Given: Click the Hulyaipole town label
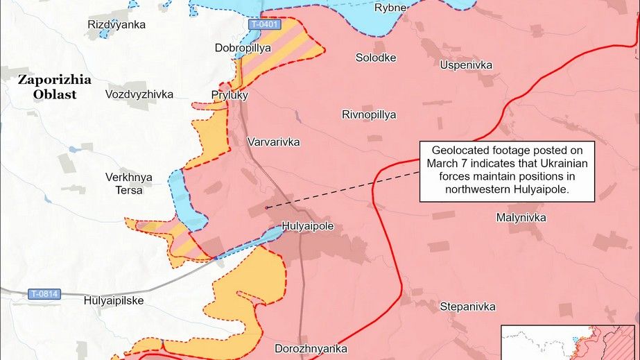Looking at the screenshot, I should [x=307, y=226].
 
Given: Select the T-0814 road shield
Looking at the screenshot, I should [x=44, y=294].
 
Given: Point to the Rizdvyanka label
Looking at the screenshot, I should [x=116, y=25].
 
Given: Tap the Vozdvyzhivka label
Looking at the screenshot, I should [x=139, y=94].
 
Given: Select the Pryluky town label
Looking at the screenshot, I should [x=230, y=94].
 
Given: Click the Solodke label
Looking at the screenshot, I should [x=376, y=58].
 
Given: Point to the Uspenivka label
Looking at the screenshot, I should [x=466, y=65].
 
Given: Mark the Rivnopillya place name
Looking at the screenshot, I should [x=369, y=114].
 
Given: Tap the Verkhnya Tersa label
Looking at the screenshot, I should [x=129, y=183].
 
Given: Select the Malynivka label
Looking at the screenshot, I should [x=521, y=218].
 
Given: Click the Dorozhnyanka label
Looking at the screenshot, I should [x=311, y=348].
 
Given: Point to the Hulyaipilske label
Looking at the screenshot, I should [x=113, y=301].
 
